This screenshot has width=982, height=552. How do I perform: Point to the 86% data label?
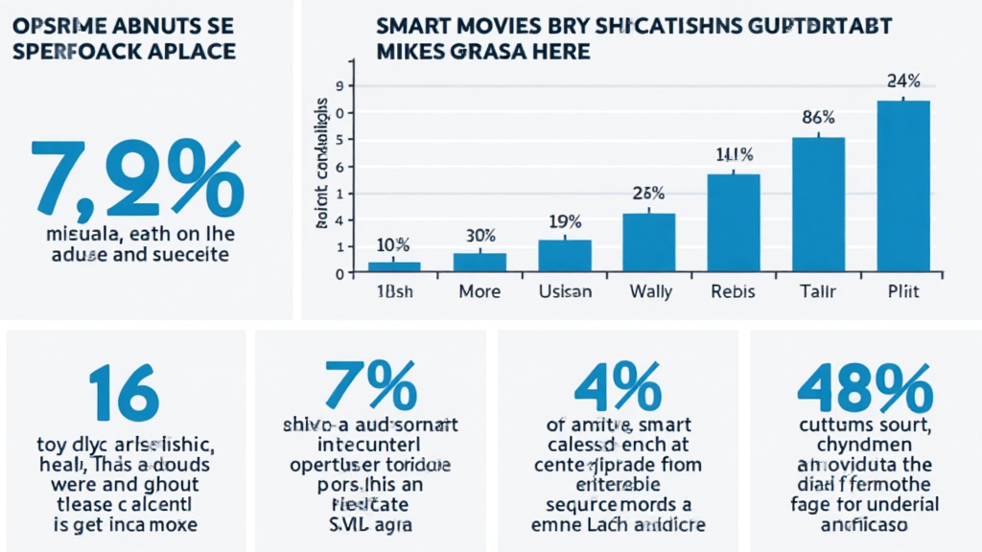[818, 118]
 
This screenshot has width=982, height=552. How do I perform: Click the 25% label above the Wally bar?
[648, 192]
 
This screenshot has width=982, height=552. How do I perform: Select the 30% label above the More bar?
[479, 235]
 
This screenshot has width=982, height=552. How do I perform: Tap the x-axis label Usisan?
[564, 291]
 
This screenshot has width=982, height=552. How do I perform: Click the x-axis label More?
[479, 291]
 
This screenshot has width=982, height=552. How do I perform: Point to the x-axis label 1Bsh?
[394, 291]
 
